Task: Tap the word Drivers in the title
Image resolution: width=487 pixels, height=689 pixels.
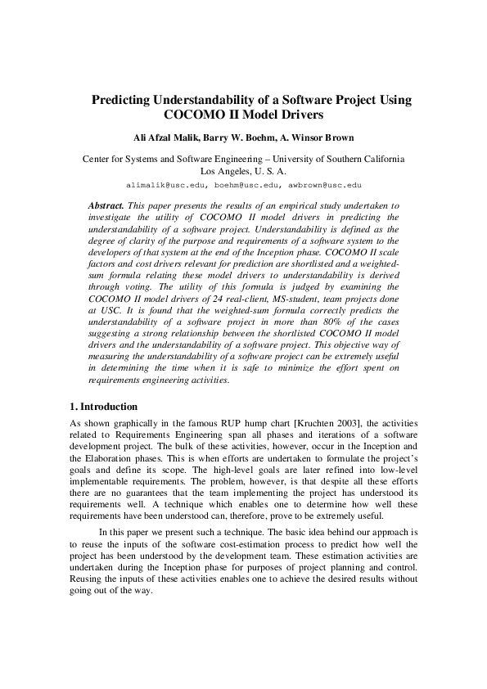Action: click(292, 115)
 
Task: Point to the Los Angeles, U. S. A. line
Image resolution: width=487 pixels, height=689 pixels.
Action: click(243, 172)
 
